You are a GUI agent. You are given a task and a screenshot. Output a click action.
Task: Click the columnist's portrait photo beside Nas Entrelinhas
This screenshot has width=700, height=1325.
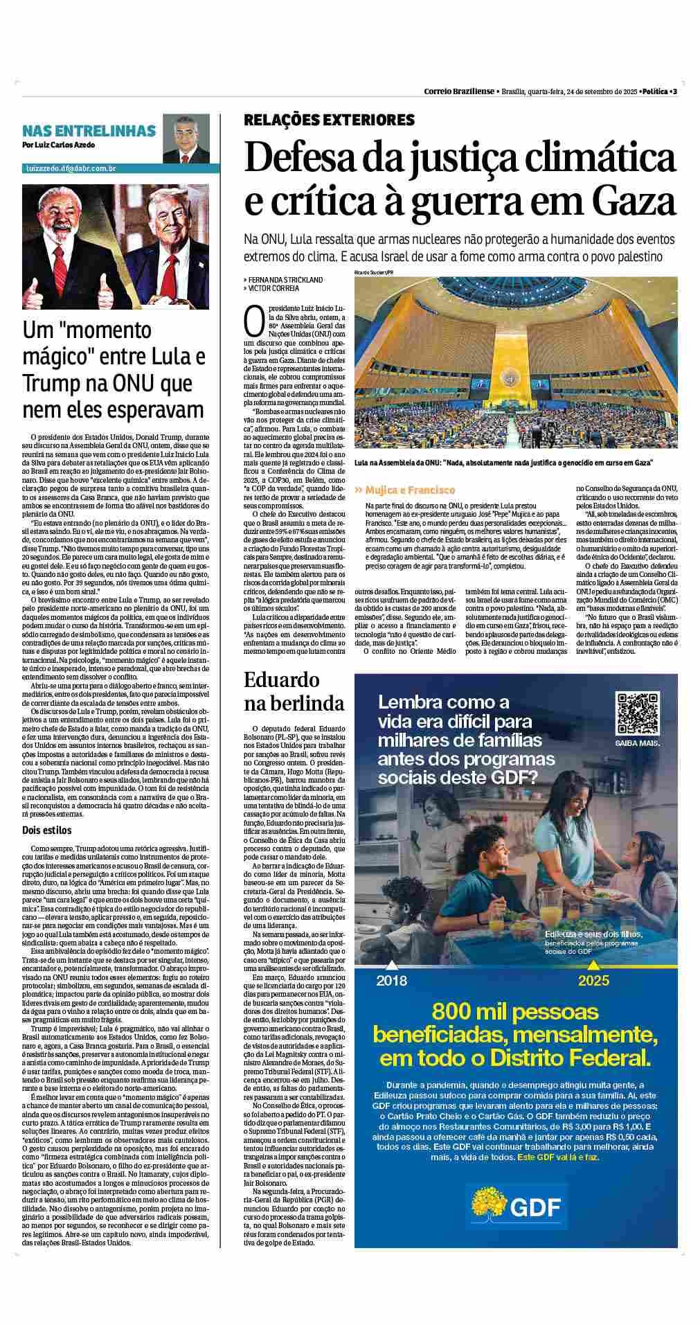click(x=185, y=137)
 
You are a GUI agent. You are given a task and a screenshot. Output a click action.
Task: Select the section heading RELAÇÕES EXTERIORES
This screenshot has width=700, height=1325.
click(x=329, y=120)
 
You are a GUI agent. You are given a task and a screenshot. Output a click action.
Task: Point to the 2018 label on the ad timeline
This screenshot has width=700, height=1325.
click(x=392, y=980)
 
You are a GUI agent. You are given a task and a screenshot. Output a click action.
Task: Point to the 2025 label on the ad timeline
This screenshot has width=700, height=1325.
click(x=593, y=980)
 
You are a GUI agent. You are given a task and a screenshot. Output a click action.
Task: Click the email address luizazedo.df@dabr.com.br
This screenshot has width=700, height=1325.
click(x=71, y=168)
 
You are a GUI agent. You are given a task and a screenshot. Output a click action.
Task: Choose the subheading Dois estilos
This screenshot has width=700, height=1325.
click(x=46, y=830)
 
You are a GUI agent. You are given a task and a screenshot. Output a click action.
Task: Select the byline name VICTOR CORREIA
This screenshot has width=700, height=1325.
click(x=274, y=288)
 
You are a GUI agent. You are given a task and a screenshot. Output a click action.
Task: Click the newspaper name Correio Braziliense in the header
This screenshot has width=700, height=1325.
click(x=459, y=91)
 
